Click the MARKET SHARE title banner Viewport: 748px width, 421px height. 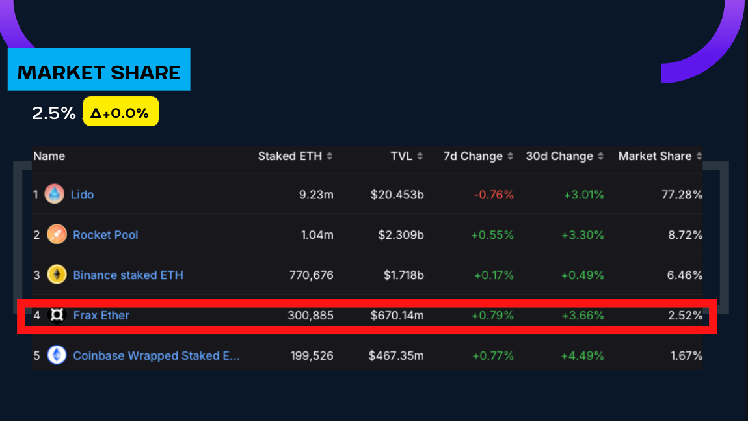point(99,71)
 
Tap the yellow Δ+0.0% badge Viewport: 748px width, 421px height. point(120,112)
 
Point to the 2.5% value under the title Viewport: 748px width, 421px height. point(54,113)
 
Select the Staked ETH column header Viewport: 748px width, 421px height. point(289,156)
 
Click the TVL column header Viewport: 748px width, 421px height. point(401,156)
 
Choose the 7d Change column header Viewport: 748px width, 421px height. point(473,156)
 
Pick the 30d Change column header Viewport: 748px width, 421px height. point(559,156)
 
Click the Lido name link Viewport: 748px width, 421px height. point(83,194)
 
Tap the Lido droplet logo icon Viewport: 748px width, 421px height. point(55,194)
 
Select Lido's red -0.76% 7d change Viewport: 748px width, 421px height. point(494,194)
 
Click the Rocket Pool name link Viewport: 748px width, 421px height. point(105,235)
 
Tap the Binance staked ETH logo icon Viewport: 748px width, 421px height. point(57,275)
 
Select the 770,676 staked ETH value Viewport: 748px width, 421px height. point(311,275)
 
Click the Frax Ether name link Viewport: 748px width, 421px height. point(101,316)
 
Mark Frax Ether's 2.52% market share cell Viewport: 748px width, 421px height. point(686,316)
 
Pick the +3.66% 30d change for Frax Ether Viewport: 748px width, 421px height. point(583,316)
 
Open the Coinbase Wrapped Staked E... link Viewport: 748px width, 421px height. point(156,356)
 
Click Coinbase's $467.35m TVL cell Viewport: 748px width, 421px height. point(396,356)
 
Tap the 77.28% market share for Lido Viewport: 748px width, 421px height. point(682,194)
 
